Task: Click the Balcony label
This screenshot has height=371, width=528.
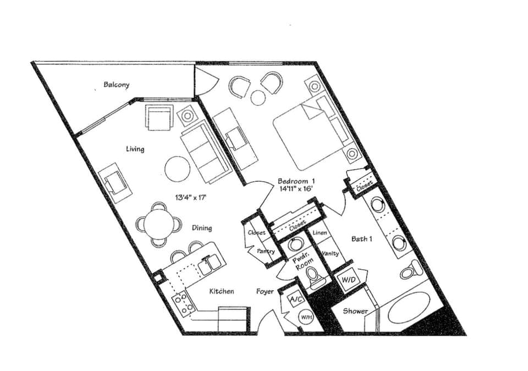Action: (117, 85)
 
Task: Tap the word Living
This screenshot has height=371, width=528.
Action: (135, 149)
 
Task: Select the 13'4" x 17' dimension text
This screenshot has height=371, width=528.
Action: (191, 197)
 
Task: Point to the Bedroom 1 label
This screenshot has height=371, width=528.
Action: (296, 181)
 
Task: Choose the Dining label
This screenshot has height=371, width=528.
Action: (202, 228)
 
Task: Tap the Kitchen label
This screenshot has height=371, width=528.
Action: (222, 291)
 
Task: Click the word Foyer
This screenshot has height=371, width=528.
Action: (265, 291)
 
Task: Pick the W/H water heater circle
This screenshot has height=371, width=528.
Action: (306, 317)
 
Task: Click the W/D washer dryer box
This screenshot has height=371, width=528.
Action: (348, 280)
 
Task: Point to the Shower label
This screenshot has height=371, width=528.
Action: (355, 311)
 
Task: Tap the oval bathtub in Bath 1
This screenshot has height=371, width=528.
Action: (409, 307)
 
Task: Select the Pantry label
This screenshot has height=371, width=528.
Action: (266, 251)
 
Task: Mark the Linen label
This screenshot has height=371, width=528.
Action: (320, 233)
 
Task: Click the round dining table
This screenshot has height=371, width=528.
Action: (158, 224)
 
